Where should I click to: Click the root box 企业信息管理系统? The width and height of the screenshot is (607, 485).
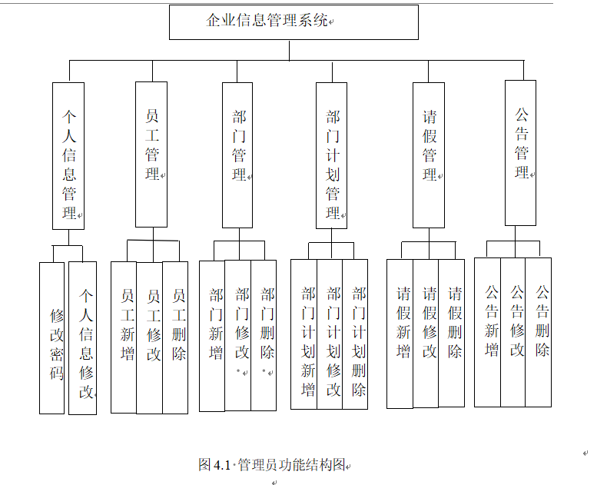[294, 22]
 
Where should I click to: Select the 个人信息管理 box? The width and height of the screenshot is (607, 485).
[68, 156]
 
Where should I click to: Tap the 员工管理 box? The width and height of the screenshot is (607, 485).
[152, 154]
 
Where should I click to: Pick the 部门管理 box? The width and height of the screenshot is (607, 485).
[238, 155]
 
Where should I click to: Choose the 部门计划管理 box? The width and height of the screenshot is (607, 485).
[332, 155]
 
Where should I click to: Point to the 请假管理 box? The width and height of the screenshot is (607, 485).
[429, 155]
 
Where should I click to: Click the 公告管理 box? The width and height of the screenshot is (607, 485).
[521, 153]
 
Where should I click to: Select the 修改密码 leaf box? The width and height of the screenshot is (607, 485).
[52, 338]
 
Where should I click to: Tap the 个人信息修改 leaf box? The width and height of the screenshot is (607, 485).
[83, 338]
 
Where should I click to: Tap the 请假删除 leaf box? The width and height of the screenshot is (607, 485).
[452, 333]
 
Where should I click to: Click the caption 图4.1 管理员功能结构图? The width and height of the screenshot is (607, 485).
[272, 465]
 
